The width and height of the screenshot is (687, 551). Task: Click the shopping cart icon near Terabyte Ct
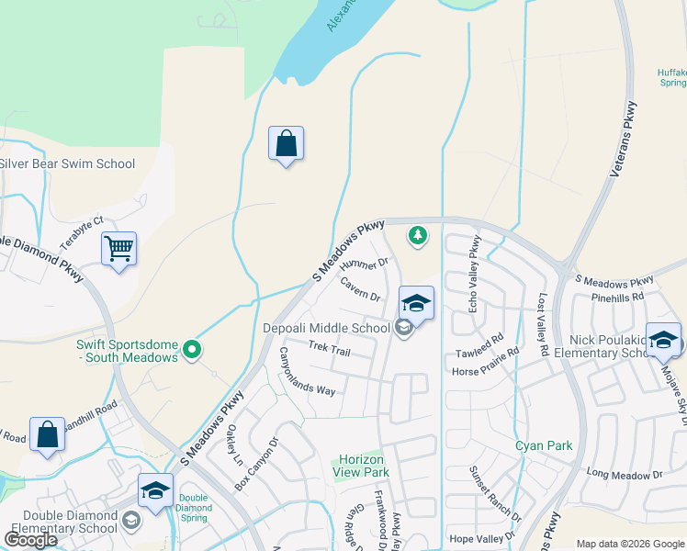coord(119,248)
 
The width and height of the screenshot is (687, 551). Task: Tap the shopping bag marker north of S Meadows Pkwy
coord(286,144)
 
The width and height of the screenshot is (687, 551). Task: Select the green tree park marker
coord(418,236)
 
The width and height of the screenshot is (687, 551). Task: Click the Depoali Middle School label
coord(327,328)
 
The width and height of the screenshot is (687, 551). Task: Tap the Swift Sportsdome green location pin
coord(191,349)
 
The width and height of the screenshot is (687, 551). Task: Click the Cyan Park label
coord(544,446)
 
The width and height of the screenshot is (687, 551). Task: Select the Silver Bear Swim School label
coord(68,164)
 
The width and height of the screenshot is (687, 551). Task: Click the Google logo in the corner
coord(30,539)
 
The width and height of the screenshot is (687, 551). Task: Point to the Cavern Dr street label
coord(360,289)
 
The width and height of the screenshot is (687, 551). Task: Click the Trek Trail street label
coord(330,349)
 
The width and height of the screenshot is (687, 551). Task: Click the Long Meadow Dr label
coord(625,475)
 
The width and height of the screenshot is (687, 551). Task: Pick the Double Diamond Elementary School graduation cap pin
coord(155,490)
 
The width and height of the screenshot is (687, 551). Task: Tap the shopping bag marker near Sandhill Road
coord(47,435)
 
